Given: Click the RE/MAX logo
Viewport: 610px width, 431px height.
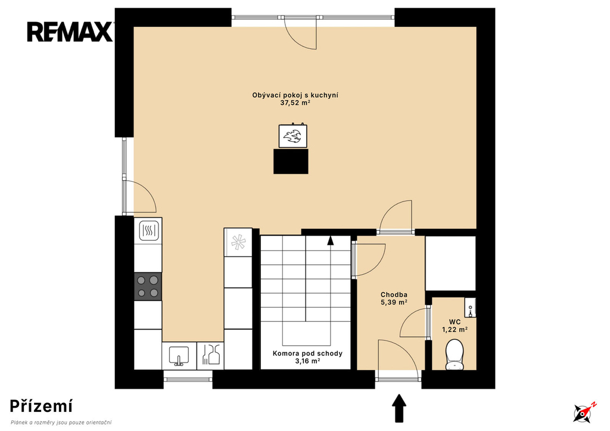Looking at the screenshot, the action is (70, 32).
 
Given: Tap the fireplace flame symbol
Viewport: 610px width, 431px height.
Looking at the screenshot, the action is (293, 137).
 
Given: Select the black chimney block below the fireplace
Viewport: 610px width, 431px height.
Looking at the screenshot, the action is (291, 161).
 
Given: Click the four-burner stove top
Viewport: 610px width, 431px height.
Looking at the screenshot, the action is (148, 286).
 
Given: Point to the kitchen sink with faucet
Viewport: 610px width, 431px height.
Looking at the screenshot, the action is (179, 356).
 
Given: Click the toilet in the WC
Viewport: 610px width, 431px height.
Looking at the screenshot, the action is (455, 354).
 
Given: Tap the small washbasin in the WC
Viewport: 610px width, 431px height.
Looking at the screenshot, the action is (471, 308).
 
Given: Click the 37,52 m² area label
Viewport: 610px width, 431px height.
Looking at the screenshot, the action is (295, 103).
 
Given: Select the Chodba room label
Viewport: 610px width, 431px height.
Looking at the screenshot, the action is (394, 294).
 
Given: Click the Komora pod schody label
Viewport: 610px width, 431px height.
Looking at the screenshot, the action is (307, 354).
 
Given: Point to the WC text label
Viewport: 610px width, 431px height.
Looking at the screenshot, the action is (455, 322).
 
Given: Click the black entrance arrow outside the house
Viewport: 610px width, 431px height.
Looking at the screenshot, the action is (399, 408).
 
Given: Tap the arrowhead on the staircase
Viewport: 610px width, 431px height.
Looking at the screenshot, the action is (331, 240).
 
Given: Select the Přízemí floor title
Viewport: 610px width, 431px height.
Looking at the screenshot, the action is (41, 406).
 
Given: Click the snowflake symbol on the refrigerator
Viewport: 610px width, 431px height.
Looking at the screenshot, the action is (238, 242).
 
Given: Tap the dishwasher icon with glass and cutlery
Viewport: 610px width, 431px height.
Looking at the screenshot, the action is (210, 354).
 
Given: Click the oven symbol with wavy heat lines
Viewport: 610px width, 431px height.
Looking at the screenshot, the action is (148, 231).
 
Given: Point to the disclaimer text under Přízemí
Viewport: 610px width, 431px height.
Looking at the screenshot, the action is (61, 423).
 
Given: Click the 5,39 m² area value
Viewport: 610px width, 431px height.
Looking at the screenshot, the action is (394, 302).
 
